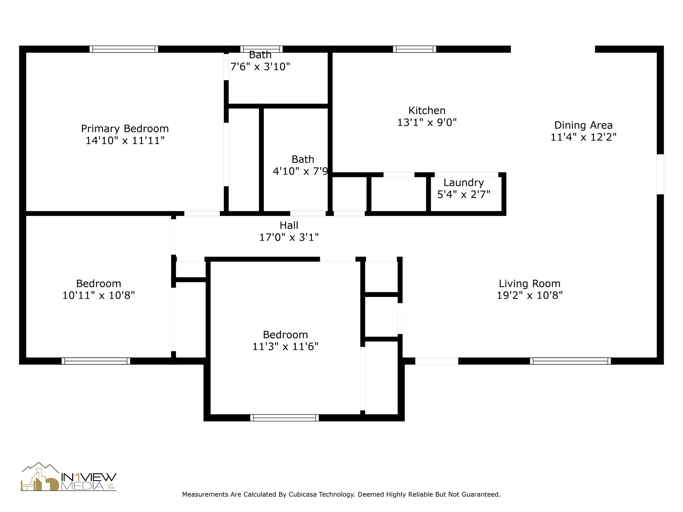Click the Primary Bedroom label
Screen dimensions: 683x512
click(x=125, y=129)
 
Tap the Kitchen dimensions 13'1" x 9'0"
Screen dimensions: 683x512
click(x=427, y=123)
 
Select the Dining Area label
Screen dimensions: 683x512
click(x=583, y=125)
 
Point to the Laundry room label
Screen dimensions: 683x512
click(x=464, y=183)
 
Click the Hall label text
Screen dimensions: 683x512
click(x=289, y=225)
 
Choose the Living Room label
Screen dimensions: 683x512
click(x=530, y=284)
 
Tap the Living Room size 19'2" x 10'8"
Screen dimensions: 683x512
click(x=530, y=295)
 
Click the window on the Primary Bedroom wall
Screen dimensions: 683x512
click(x=124, y=49)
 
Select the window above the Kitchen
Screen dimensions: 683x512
click(x=415, y=49)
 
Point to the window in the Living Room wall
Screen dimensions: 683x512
click(x=570, y=361)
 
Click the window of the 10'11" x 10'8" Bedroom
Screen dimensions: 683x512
click(x=96, y=361)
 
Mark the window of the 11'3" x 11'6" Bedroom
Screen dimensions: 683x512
click(x=284, y=418)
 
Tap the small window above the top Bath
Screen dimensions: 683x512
click(x=261, y=49)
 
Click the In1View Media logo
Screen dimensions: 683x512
click(x=69, y=477)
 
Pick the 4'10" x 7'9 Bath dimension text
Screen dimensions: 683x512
click(x=300, y=171)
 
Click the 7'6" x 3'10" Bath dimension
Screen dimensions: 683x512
click(x=260, y=67)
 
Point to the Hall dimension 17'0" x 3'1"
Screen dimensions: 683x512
click(x=289, y=237)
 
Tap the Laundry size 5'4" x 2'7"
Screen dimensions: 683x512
click(x=464, y=194)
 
